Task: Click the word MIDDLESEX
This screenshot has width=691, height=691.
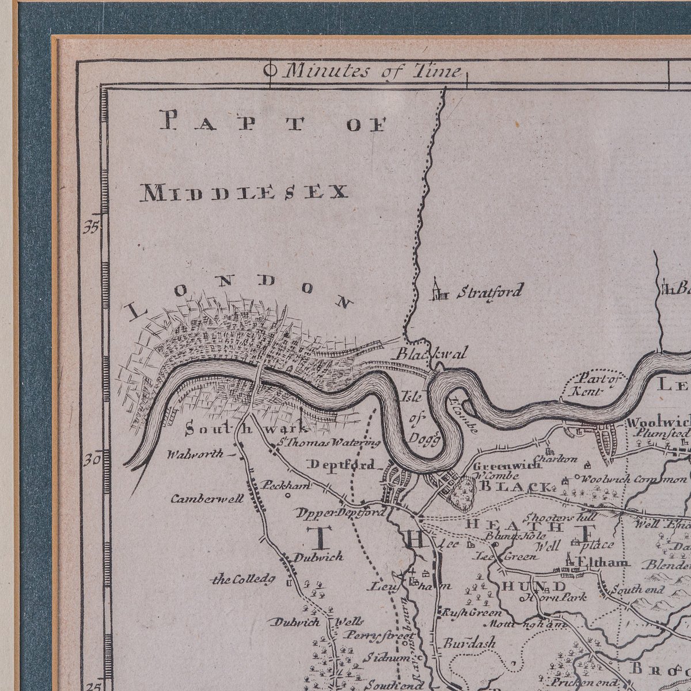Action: tap(244, 192)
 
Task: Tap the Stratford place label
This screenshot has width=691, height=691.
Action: tap(489, 291)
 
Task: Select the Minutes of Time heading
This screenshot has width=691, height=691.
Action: tap(373, 71)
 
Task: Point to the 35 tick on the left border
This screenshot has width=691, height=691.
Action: tap(90, 227)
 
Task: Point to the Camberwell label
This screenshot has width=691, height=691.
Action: tap(207, 499)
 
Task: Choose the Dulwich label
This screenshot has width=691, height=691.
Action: tap(318, 557)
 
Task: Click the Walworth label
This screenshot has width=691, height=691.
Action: tap(195, 454)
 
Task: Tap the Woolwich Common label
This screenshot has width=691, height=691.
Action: tap(633, 479)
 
